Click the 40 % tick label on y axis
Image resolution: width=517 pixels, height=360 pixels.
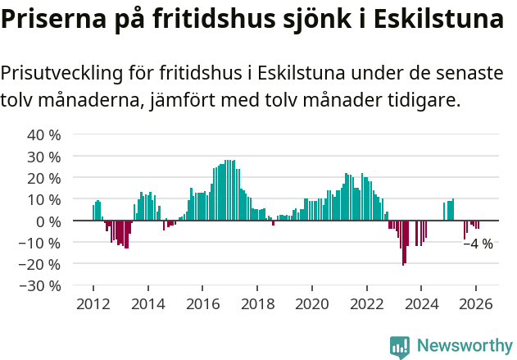click(44, 134)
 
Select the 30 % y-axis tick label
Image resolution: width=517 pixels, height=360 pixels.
click(44, 157)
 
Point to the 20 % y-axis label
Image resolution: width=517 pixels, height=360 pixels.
click(44, 178)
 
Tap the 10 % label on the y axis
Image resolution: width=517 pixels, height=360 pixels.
click(44, 199)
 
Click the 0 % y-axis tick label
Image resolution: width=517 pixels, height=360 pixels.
click(48, 221)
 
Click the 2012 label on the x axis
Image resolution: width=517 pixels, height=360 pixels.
click(93, 303)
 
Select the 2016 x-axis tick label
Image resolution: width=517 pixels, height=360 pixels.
click(202, 303)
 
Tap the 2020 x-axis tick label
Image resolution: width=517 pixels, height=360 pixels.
click(311, 303)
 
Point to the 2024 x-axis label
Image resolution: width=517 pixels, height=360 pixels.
click(421, 303)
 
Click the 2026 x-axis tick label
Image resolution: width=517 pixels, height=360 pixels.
click(476, 303)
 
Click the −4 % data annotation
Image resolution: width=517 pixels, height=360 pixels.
click(478, 244)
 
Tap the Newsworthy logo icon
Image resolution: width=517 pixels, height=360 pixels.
click(400, 347)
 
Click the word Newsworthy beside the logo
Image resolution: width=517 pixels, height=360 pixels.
click(464, 347)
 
